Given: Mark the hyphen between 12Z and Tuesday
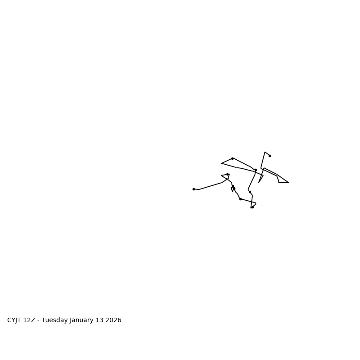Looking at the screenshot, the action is point(38,320).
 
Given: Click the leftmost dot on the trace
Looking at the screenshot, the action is point(193,189).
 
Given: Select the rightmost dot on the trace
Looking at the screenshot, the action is point(270,156).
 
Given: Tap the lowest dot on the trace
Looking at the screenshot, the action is point(252,207).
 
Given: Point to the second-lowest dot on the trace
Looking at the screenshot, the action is point(240,199).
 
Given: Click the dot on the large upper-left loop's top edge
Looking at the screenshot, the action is point(232,158).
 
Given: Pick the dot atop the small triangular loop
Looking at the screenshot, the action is point(227,174).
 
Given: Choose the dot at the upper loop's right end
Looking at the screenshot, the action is point(256,170).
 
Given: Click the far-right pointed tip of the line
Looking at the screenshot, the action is point(288,183).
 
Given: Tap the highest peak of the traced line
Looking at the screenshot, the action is point(265,152).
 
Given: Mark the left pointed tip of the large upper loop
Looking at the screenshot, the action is point(221,163).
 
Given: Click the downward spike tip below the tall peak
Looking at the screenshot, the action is point(259,182).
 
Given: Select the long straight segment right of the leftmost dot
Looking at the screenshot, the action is point(211,186).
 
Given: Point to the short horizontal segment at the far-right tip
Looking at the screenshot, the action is point(283,183).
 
